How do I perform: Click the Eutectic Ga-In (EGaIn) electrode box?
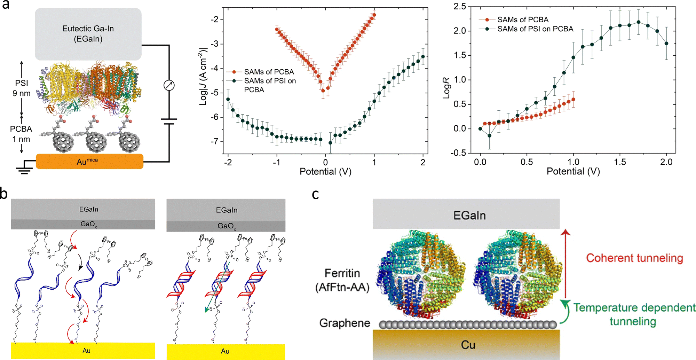[x=88, y=34]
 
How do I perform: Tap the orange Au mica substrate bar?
[x=89, y=162]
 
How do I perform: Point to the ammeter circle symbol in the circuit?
[x=169, y=85]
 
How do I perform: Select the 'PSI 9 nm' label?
[x=22, y=88]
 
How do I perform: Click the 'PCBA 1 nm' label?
[x=21, y=134]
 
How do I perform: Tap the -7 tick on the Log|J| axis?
[x=215, y=141]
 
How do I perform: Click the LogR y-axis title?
[x=446, y=88]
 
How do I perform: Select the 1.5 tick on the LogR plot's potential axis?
[x=620, y=162]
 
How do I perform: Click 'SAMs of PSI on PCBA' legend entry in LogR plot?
[x=535, y=29]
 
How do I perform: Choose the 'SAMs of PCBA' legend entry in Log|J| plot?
[x=269, y=72]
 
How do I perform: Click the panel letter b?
[x=4, y=194]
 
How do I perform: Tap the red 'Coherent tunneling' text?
[x=634, y=258]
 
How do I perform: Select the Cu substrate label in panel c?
[x=468, y=345]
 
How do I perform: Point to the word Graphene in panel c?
[x=345, y=323]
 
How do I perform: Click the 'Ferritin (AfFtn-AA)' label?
[x=342, y=280]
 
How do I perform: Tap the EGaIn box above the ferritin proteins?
[x=469, y=215]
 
